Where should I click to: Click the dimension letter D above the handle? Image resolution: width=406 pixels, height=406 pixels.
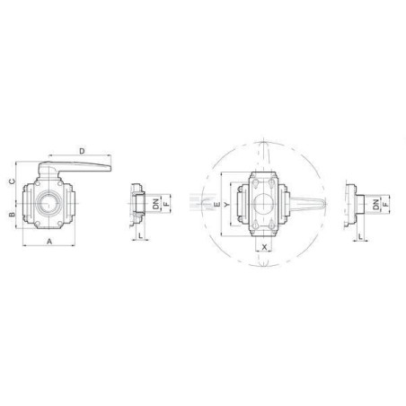click(82, 151)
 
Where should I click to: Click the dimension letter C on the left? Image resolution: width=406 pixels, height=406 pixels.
click(12, 181)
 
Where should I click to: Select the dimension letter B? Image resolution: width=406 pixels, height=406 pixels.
click(12, 215)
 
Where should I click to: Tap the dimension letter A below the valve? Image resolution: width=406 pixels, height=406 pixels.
click(49, 242)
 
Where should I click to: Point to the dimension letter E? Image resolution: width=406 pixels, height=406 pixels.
click(217, 205)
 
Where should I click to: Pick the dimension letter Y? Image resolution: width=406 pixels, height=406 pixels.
click(227, 205)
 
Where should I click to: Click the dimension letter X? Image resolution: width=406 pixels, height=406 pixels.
click(264, 247)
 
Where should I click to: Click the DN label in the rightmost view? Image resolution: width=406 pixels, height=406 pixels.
click(376, 204)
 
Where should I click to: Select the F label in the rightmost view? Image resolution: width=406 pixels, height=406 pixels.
click(385, 204)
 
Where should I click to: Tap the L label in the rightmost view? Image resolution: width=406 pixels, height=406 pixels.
click(360, 236)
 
